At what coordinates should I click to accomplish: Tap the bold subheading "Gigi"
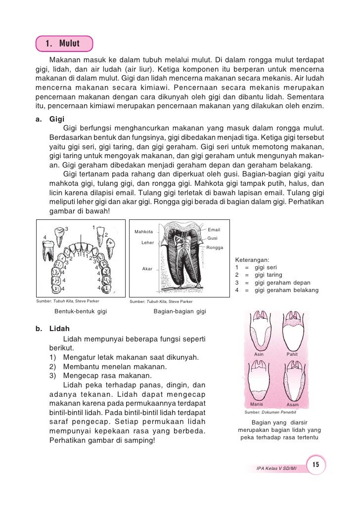pos(57,119)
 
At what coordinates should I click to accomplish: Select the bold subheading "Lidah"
pos(59,329)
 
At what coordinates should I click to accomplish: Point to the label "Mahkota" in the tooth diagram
pos(143,232)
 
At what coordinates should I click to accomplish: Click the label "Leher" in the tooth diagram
pos(147,243)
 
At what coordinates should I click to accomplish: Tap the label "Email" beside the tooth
pos(214,230)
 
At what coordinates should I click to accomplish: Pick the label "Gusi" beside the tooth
pos(213,238)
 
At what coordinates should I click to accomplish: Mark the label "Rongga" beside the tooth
pos(215,247)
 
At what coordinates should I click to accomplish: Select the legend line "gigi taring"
pos(269,275)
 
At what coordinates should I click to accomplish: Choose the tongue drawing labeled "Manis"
pos(259,382)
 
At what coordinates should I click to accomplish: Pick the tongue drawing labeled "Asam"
pos(292,382)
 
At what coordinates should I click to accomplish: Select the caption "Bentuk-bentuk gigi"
pos(81,311)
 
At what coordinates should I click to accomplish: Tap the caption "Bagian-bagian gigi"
pos(180,311)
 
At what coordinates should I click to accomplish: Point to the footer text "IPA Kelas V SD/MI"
pos(276,467)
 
